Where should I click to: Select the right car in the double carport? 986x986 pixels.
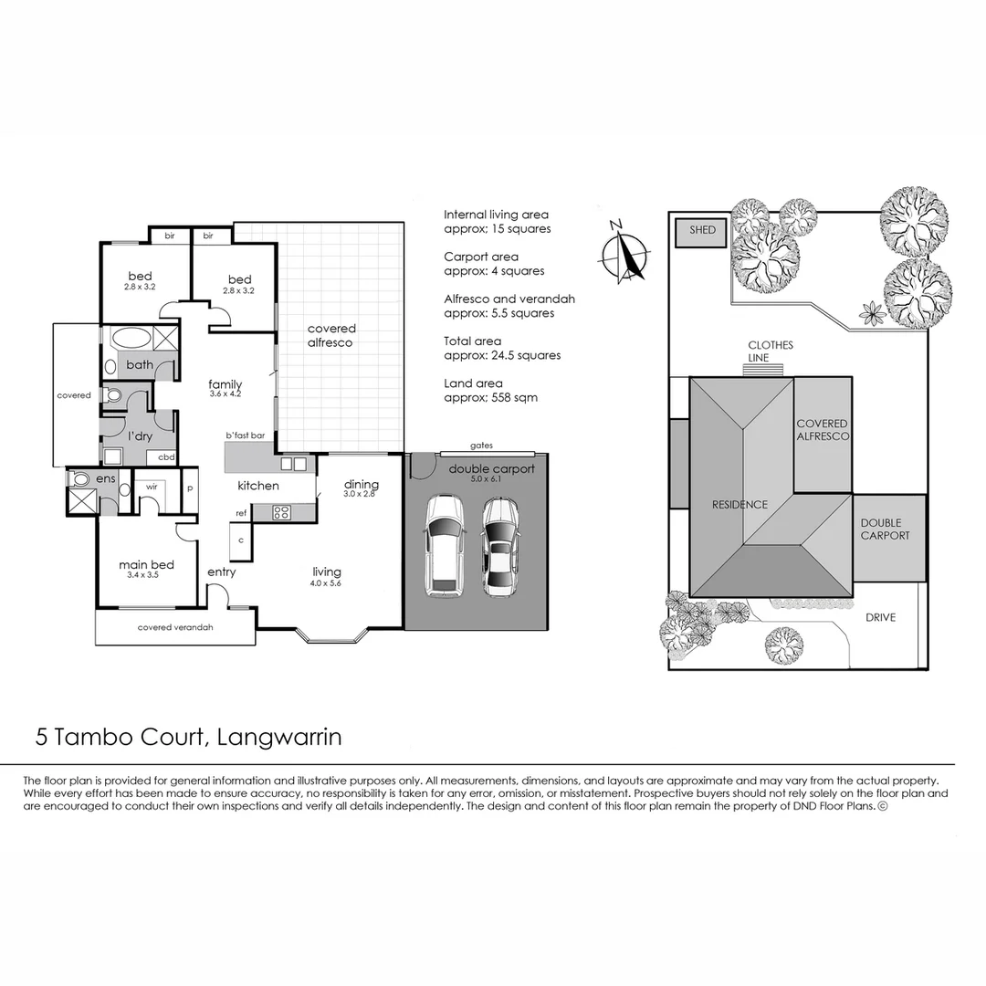point(500,546)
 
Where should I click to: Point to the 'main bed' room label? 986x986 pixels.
point(146,565)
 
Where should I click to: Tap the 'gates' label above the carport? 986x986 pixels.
point(481,445)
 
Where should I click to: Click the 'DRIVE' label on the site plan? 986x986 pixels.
point(880,617)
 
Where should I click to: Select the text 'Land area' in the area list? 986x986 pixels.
point(473,383)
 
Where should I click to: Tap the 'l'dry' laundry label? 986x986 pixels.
point(139,436)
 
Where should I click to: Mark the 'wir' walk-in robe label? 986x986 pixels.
point(152,487)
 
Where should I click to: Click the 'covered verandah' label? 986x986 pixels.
point(175,627)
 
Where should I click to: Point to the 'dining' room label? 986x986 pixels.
point(361,484)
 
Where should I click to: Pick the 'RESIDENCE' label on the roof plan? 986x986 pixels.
point(740,504)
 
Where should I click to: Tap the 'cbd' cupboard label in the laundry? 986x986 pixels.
point(167,456)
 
